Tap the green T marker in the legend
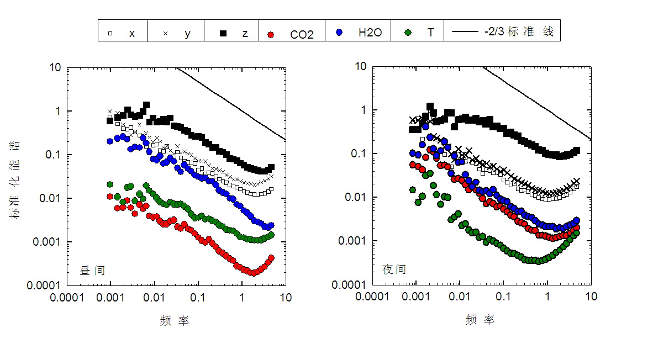point(408,33)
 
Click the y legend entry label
point(187,34)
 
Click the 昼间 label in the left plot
point(92,271)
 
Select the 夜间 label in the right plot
point(394,269)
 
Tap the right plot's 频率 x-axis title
point(480,320)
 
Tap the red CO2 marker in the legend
point(271,34)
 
